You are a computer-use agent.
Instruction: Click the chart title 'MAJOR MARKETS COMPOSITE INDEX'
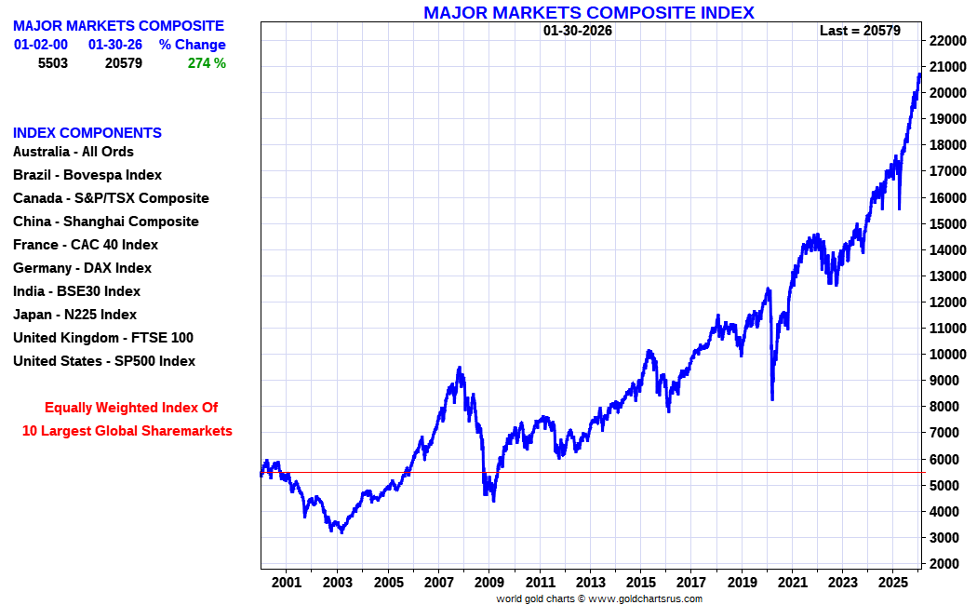point(588,12)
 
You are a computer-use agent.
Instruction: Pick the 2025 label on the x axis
point(892,583)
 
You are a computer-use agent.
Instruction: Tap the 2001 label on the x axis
point(287,583)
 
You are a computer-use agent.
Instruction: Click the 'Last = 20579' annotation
point(860,31)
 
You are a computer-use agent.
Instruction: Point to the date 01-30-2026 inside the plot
point(578,31)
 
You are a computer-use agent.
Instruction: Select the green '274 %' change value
point(207,63)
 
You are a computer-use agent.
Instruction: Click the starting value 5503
point(53,63)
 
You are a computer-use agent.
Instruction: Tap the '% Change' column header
point(193,45)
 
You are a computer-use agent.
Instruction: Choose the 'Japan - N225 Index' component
point(74,315)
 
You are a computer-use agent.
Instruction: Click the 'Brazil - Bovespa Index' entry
point(87,175)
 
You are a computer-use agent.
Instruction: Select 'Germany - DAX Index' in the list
point(82,268)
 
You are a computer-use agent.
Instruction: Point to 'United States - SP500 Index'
point(104,361)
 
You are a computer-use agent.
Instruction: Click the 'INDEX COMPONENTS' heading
point(87,133)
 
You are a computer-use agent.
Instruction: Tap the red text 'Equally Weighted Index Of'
point(131,408)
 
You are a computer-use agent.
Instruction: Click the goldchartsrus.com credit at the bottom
point(599,598)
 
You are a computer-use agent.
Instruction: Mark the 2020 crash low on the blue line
point(772,399)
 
